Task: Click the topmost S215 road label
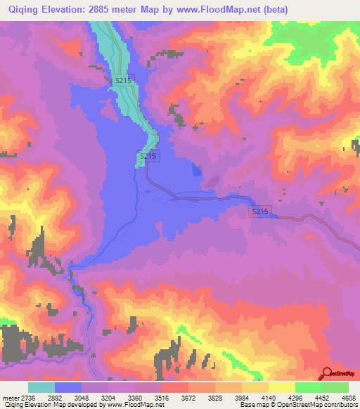click(x=123, y=81)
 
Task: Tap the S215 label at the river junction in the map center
click(x=148, y=156)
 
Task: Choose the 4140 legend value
click(x=268, y=398)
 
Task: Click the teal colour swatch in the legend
click(x=41, y=387)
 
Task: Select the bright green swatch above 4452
click(x=308, y=387)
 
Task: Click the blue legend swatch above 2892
click(x=68, y=387)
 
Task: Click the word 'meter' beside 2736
click(x=11, y=398)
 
